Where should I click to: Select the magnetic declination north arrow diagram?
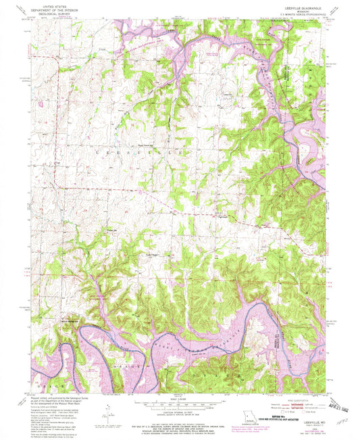click(x=109, y=410)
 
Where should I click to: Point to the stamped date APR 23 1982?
click(x=340, y=398)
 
